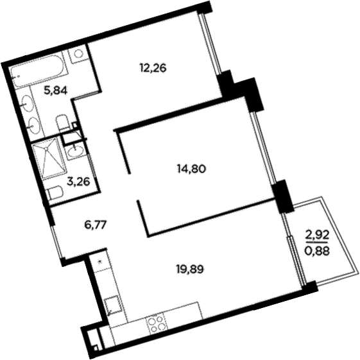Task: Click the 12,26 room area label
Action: coord(153,66)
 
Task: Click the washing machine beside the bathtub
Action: coord(78,54)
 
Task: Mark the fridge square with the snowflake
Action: coord(99,261)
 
